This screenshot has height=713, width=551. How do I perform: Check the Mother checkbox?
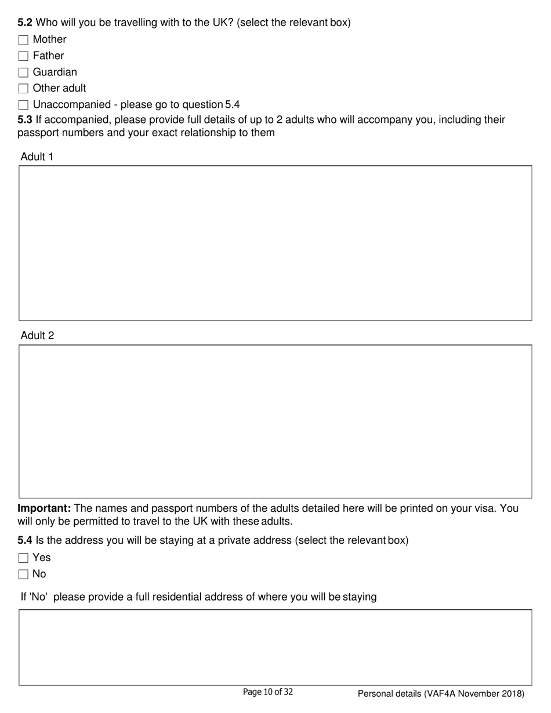(23, 40)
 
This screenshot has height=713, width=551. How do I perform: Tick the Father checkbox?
(23, 56)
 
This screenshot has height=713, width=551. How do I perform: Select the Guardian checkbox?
(23, 72)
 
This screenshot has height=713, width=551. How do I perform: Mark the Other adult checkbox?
(23, 89)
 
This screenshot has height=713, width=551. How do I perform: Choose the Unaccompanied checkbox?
(23, 105)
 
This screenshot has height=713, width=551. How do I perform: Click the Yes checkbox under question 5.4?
(23, 558)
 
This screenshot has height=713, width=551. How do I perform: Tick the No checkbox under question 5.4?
(23, 574)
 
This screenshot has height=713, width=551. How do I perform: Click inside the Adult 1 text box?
(275, 243)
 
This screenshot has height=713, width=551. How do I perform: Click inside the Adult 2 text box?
(275, 421)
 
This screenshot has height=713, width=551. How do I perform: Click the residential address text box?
(275, 647)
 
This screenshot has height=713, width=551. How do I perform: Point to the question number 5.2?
(25, 23)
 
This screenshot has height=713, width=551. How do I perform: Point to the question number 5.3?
(25, 120)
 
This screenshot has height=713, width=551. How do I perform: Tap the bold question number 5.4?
(25, 541)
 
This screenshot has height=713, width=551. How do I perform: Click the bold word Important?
(44, 508)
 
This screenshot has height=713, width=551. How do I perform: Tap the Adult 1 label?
(37, 157)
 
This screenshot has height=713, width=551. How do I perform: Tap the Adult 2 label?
(37, 336)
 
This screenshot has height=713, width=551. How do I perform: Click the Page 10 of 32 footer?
(267, 692)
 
